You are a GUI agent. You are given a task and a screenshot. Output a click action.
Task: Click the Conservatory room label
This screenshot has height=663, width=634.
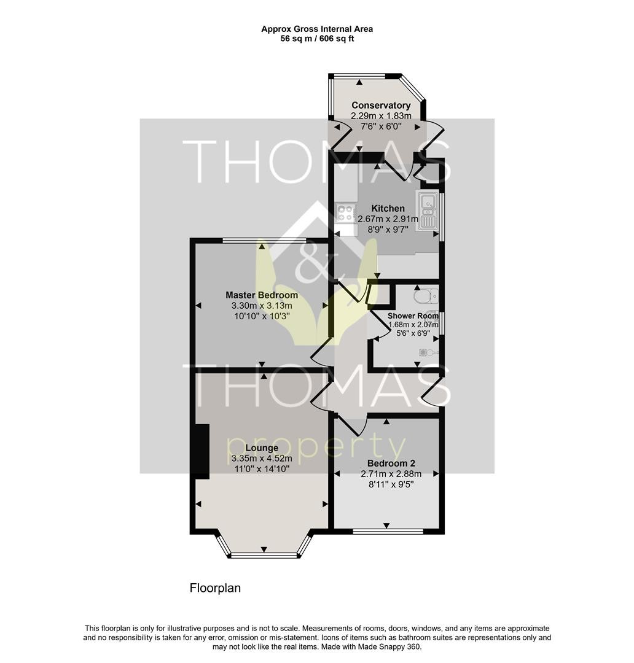381,106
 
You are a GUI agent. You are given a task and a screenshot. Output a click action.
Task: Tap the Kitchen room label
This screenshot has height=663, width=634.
388,209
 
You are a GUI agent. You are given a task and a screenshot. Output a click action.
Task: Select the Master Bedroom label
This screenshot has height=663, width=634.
262,295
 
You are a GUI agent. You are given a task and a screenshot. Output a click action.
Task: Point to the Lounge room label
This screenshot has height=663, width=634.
262,448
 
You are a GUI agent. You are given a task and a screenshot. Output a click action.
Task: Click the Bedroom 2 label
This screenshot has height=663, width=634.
391,463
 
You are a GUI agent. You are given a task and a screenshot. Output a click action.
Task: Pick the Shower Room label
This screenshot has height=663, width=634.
413,316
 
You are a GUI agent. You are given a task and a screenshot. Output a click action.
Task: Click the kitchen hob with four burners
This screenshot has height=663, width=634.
345,213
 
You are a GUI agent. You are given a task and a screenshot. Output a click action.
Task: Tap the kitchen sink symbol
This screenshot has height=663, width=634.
427,211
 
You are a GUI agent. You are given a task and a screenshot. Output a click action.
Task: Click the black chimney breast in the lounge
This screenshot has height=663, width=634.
202,452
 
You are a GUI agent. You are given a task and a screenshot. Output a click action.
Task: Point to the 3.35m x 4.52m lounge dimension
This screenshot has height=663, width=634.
262,459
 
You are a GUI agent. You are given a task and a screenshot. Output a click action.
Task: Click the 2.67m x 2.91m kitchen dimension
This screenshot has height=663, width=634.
388,219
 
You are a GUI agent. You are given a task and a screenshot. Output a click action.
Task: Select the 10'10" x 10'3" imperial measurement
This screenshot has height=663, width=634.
262,316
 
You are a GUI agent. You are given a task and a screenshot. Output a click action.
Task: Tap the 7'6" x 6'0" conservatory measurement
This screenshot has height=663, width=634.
381,126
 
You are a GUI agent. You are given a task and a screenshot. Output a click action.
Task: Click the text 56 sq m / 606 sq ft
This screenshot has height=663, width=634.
317,39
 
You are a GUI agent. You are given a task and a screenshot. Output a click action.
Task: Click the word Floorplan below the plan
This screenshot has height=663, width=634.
215,588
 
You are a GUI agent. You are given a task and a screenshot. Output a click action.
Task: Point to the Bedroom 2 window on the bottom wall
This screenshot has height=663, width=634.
387,531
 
